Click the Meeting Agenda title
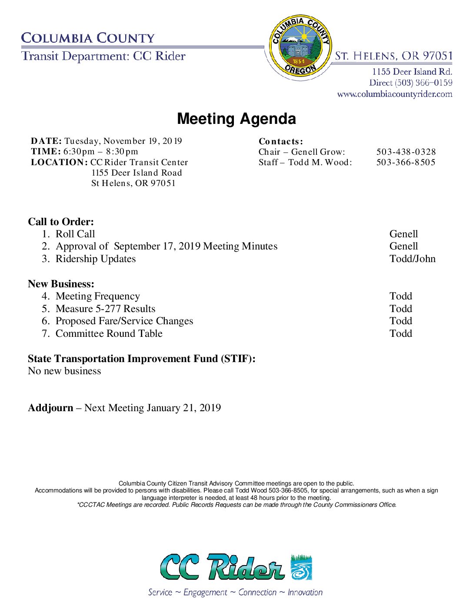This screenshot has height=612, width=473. click(236, 119)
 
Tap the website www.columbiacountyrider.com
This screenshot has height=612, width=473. click(395, 94)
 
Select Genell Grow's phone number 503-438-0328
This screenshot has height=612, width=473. click(406, 152)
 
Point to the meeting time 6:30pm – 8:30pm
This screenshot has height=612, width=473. click(101, 152)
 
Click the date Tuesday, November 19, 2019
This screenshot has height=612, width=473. click(123, 141)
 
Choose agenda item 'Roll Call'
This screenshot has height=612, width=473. click(75, 234)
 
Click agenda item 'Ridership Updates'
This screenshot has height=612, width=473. click(96, 259)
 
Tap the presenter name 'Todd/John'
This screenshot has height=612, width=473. click(413, 259)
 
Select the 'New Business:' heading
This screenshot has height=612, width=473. click(61, 284)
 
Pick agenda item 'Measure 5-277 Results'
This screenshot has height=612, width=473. click(106, 309)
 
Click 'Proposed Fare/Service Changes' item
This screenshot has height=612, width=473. click(124, 321)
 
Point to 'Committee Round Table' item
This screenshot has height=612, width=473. click(109, 333)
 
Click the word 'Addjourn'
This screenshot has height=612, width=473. click(50, 408)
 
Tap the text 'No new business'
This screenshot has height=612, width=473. click(64, 371)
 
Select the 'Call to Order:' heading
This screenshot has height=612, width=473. click(61, 222)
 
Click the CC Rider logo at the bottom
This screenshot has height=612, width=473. click(236, 567)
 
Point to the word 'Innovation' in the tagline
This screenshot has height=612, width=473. click(305, 592)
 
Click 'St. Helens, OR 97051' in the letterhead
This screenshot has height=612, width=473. click(394, 56)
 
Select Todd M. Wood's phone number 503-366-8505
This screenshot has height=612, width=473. click(406, 162)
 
